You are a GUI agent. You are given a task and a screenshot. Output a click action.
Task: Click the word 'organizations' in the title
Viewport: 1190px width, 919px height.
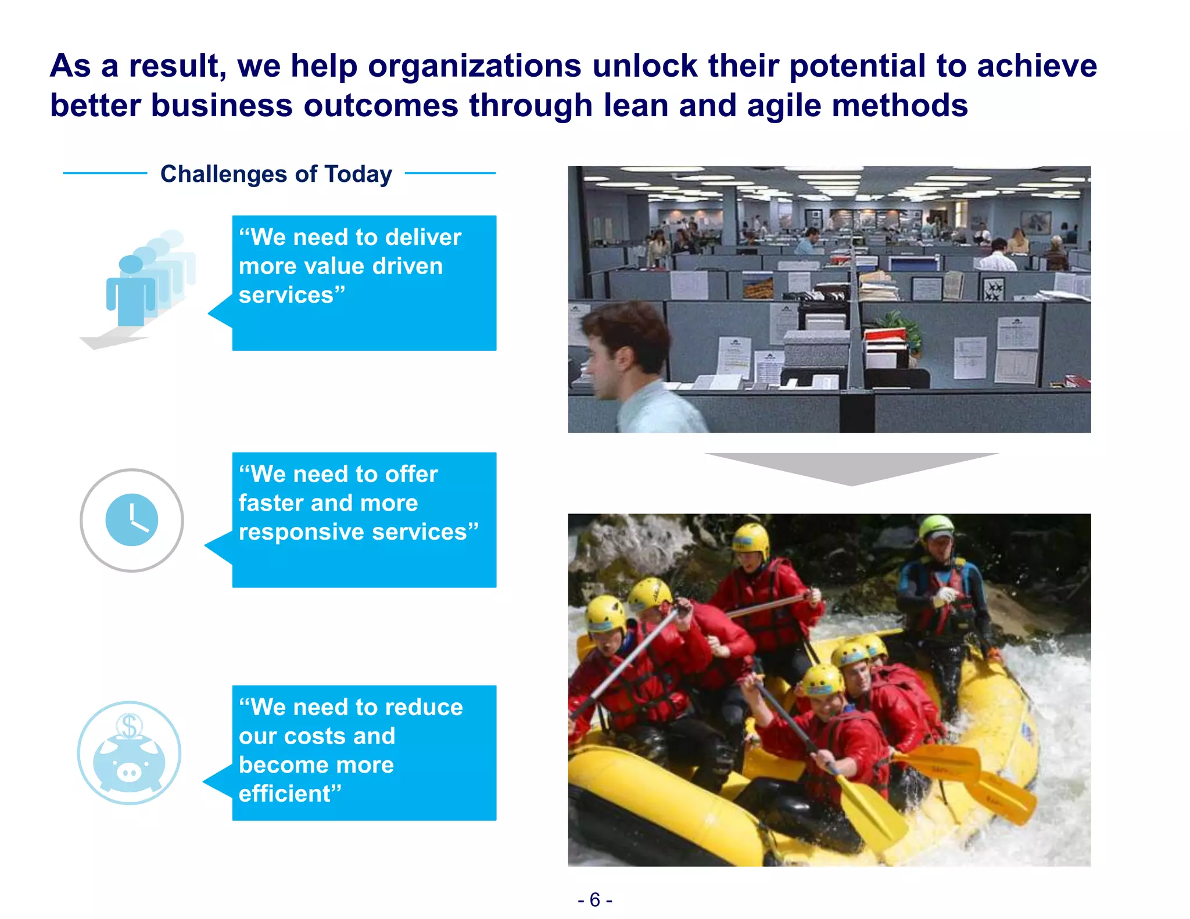click(x=474, y=66)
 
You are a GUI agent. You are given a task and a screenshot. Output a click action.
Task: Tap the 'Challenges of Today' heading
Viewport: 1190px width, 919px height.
click(x=276, y=174)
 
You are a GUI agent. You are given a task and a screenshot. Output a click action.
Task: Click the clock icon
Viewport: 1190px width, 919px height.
click(x=132, y=520)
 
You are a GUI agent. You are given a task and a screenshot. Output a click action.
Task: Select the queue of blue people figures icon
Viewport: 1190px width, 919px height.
click(x=142, y=285)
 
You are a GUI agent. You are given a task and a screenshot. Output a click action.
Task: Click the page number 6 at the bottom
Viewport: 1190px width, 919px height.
click(x=594, y=900)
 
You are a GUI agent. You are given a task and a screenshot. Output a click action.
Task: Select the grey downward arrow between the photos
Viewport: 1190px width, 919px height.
click(x=851, y=468)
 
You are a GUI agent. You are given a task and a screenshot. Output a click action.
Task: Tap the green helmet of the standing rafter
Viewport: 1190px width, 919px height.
click(x=936, y=526)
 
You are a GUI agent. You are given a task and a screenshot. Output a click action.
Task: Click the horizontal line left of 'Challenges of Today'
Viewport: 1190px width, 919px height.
click(x=105, y=173)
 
